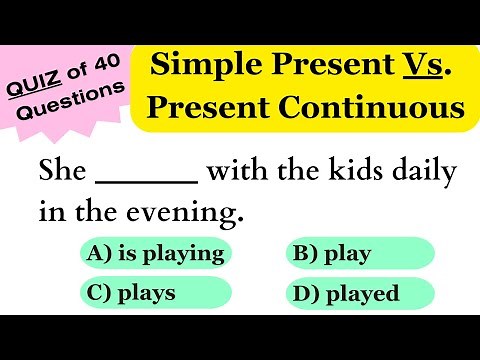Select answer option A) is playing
(155, 253)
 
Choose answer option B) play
(360, 253)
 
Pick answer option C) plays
(155, 293)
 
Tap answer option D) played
(360, 293)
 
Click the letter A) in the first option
(99, 253)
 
